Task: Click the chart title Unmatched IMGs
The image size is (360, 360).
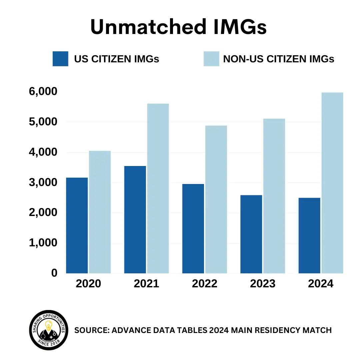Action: pyautogui.click(x=179, y=27)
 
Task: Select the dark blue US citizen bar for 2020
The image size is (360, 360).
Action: pyautogui.click(x=77, y=225)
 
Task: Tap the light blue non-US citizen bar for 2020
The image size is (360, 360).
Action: pyautogui.click(x=100, y=212)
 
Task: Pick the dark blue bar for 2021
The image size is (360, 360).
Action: pyautogui.click(x=135, y=220)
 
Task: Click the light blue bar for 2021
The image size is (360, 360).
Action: pyautogui.click(x=158, y=188)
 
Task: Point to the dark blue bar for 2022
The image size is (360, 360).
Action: pyautogui.click(x=193, y=229)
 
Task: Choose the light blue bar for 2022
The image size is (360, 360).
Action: pyautogui.click(x=216, y=199)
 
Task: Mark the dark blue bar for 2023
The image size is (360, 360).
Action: pyautogui.click(x=251, y=234)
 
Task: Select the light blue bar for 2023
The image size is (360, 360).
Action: pyautogui.click(x=274, y=196)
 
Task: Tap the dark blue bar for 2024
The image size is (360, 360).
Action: pyautogui.click(x=309, y=235)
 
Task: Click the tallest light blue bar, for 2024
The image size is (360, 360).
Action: pyautogui.click(x=332, y=183)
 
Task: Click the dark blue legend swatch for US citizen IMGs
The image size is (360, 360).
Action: pyautogui.click(x=60, y=59)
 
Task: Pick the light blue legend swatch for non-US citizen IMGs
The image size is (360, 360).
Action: pyautogui.click(x=211, y=59)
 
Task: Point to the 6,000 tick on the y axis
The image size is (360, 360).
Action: pyautogui.click(x=43, y=92)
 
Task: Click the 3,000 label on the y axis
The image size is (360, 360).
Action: pyautogui.click(x=43, y=182)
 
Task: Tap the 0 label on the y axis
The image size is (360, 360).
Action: pyautogui.click(x=54, y=273)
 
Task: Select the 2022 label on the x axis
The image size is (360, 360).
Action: pyautogui.click(x=205, y=284)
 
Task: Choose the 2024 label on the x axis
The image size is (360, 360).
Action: pyautogui.click(x=321, y=284)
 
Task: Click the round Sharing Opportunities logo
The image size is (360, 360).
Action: pyautogui.click(x=49, y=330)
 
